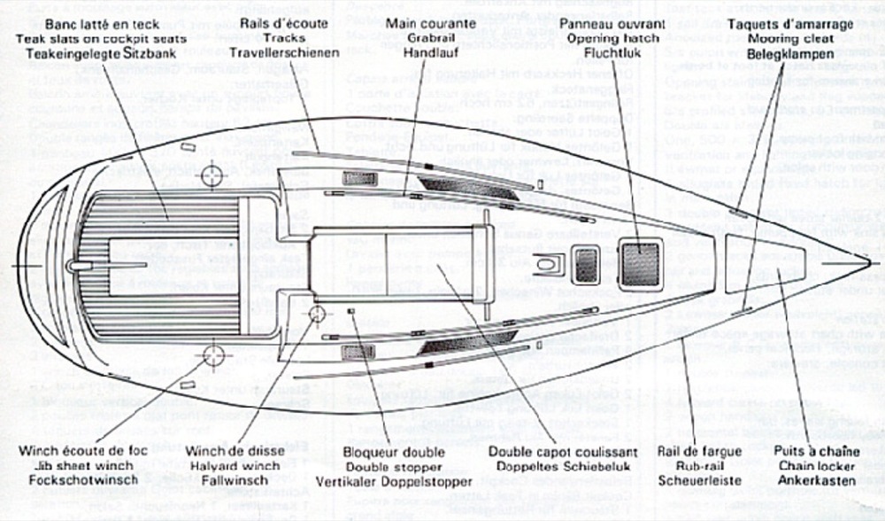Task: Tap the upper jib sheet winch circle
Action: tap(212, 175)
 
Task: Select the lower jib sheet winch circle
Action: tap(212, 356)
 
